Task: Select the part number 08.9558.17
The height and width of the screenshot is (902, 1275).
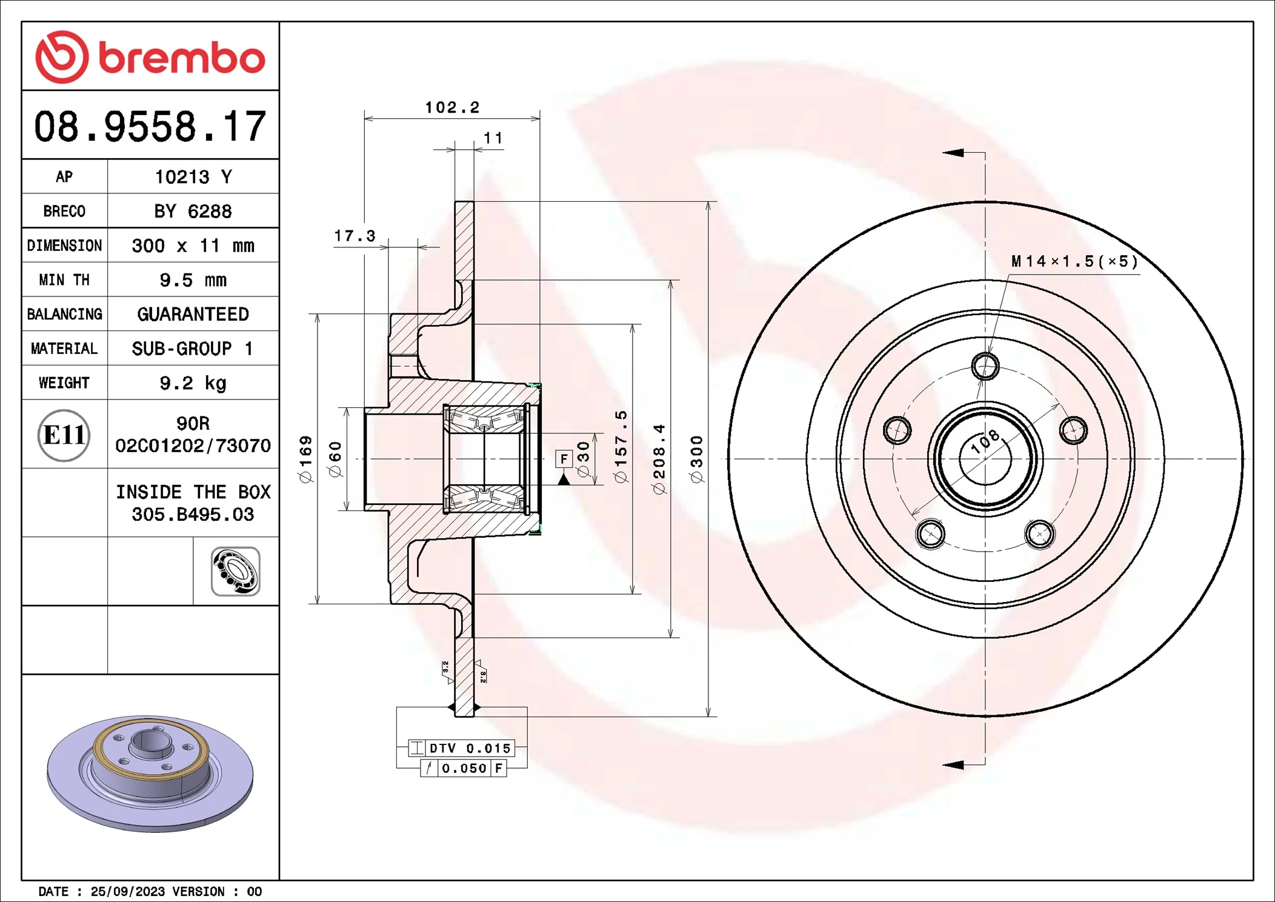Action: pyautogui.click(x=150, y=127)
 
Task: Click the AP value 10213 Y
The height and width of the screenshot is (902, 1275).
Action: pyautogui.click(x=193, y=177)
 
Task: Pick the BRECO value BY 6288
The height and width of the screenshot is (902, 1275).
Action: pyautogui.click(x=193, y=212)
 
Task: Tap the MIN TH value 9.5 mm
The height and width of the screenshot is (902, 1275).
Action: pyautogui.click(x=193, y=280)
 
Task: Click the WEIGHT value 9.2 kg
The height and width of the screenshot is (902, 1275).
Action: pyautogui.click(x=193, y=383)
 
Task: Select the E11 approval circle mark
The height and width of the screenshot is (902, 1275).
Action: pyautogui.click(x=64, y=435)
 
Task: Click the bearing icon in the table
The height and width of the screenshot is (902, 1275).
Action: pyautogui.click(x=235, y=571)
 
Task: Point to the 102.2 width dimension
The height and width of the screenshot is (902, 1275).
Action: pyautogui.click(x=452, y=108)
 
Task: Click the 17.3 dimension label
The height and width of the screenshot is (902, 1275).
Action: pyautogui.click(x=355, y=236)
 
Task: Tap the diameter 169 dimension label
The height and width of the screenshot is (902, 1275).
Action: pyautogui.click(x=306, y=459)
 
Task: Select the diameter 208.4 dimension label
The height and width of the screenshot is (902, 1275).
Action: pyautogui.click(x=659, y=459)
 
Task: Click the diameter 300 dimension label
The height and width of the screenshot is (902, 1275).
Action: pyautogui.click(x=697, y=459)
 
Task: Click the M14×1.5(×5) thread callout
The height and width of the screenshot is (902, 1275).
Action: pyautogui.click(x=1074, y=261)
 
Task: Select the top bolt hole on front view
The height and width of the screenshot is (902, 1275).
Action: pyautogui.click(x=985, y=366)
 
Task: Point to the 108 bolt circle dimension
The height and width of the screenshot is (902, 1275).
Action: pyautogui.click(x=985, y=441)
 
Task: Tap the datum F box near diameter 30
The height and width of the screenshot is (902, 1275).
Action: pyautogui.click(x=564, y=459)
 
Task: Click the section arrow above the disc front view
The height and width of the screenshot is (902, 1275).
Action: pyautogui.click(x=953, y=153)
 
